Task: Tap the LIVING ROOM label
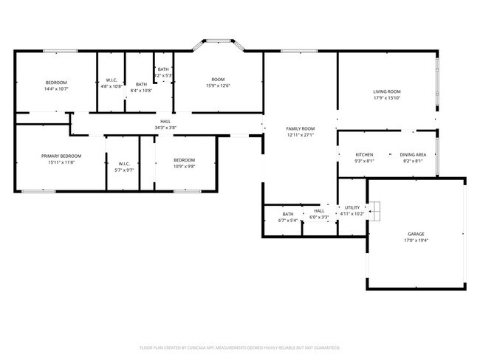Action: (386, 91)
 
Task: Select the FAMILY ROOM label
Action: (301, 128)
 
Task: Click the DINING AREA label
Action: (413, 154)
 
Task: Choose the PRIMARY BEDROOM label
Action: (61, 156)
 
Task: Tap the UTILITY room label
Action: (352, 207)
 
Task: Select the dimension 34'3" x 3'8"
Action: (165, 128)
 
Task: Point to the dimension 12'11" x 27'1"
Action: (301, 135)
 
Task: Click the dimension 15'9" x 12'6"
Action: (218, 86)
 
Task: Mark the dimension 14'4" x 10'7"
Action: (56, 89)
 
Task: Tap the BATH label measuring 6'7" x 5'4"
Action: (287, 214)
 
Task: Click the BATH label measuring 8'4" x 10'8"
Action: (141, 84)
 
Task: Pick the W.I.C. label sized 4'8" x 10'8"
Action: (112, 80)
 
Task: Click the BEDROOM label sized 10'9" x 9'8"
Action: (184, 160)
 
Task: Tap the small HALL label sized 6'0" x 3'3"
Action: (319, 210)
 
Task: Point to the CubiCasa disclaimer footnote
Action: (239, 347)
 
